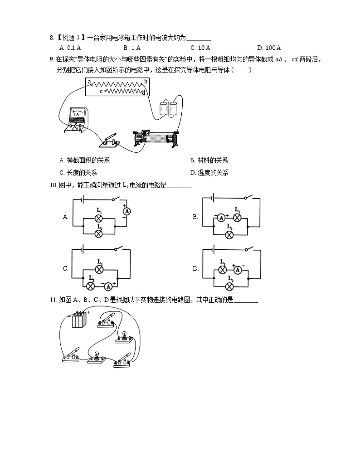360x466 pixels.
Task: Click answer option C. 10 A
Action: coord(200,48)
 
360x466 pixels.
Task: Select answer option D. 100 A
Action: coord(269,48)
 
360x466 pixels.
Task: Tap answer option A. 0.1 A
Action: coord(70,48)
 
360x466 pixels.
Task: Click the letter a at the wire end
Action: coord(90,82)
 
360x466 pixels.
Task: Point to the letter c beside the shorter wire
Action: coord(101,92)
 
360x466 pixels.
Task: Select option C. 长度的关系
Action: coord(78,173)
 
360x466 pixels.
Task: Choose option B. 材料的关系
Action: coord(209,160)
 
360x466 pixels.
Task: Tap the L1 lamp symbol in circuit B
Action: coord(236,217)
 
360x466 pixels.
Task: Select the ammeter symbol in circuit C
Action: coord(108,286)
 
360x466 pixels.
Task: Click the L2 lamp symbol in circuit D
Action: coord(229,286)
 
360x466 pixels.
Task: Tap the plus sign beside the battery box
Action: coord(88,312)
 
